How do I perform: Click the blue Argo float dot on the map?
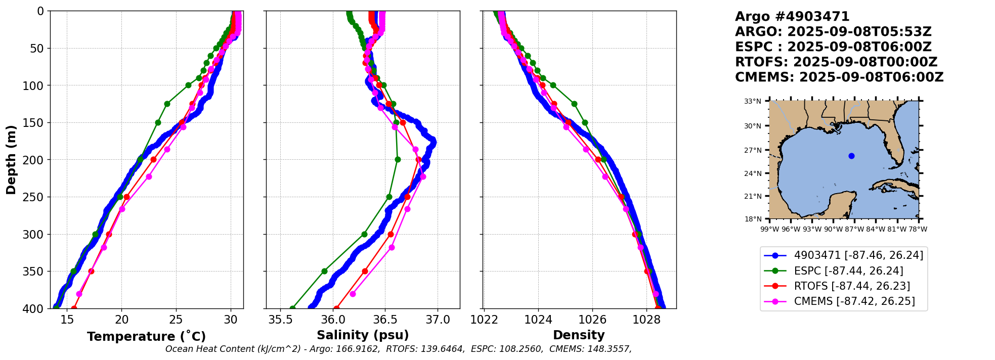pos(851,156)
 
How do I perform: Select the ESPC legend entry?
pos(848,271)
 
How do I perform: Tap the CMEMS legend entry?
pos(854,301)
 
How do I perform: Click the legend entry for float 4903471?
pos(858,255)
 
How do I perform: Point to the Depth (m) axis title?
pos(11,159)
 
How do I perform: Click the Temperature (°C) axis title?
pos(146,336)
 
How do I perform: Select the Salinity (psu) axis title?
pos(363,335)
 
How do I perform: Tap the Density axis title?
pos(579,335)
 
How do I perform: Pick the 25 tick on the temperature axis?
pos(176,320)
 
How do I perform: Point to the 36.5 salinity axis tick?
pos(385,320)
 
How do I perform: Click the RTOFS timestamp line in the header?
pos(836,62)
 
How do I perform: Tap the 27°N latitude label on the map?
pos(752,150)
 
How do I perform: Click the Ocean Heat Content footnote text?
pos(399,349)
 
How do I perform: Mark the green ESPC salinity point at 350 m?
pos(324,271)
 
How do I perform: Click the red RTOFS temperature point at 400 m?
pos(74,308)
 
